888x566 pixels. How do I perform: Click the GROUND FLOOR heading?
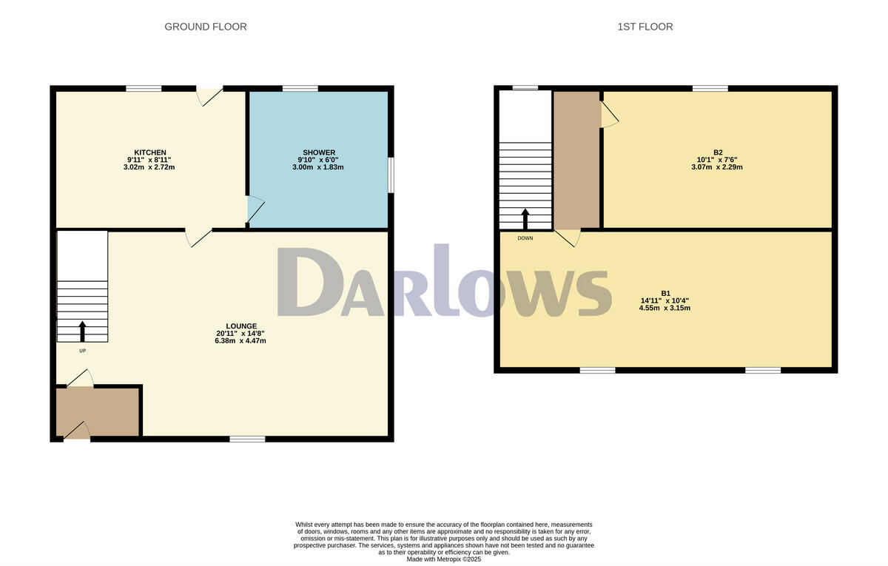pyautogui.click(x=205, y=27)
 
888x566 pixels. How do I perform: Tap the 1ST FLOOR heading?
pyautogui.click(x=645, y=27)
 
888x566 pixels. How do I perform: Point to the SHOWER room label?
pyautogui.click(x=318, y=152)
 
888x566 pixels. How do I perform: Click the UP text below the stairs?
pyautogui.click(x=82, y=351)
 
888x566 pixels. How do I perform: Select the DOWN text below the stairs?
pyautogui.click(x=525, y=238)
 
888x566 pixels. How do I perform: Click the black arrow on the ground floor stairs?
pyautogui.click(x=82, y=330)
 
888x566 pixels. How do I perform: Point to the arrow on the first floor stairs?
pyautogui.click(x=525, y=218)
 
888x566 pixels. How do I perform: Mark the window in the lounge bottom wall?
pyautogui.click(x=247, y=439)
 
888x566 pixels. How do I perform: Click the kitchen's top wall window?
pyautogui.click(x=144, y=89)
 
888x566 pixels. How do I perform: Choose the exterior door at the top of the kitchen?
pyautogui.click(x=209, y=95)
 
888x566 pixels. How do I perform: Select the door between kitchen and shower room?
pyautogui.click(x=253, y=209)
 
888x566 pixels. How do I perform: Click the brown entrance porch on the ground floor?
pyautogui.click(x=98, y=411)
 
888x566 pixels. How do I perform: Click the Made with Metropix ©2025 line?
pyautogui.click(x=444, y=559)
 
